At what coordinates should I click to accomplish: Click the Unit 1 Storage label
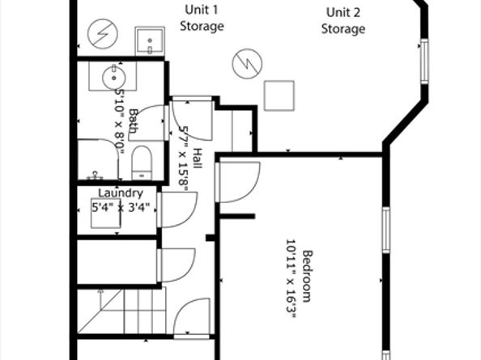(x=202, y=18)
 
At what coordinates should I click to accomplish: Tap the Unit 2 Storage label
(x=343, y=21)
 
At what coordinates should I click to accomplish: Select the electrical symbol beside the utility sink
(x=103, y=34)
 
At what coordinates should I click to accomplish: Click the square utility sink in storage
(x=150, y=41)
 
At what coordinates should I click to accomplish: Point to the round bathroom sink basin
(x=114, y=78)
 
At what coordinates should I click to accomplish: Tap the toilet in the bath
(x=142, y=163)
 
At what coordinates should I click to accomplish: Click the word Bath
(x=133, y=121)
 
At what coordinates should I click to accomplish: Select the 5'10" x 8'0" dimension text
(x=119, y=121)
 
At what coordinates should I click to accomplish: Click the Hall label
(x=198, y=158)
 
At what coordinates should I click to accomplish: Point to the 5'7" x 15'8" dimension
(x=184, y=159)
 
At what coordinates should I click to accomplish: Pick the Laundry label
(x=120, y=193)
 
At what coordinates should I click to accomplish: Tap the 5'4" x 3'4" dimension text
(x=121, y=207)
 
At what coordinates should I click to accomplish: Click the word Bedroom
(x=308, y=277)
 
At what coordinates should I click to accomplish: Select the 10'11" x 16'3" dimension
(x=292, y=279)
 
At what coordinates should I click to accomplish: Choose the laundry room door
(x=178, y=210)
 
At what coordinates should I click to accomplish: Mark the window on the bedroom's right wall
(x=386, y=230)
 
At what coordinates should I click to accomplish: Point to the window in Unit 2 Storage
(x=424, y=61)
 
